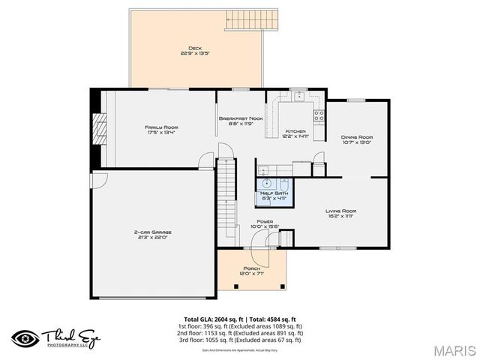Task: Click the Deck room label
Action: [x=196, y=49]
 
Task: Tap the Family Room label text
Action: [x=160, y=127]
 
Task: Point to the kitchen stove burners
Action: [x=319, y=116]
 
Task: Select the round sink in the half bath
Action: [x=267, y=183]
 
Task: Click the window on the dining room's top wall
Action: [x=356, y=100]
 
